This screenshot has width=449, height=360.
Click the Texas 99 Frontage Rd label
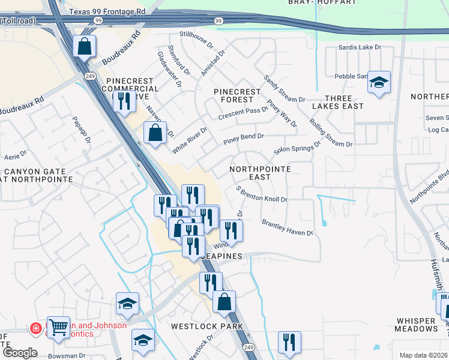(107, 11)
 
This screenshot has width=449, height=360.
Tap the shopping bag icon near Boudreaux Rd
(85, 46)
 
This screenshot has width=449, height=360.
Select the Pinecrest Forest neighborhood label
(238, 95)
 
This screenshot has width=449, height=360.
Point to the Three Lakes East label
(337, 101)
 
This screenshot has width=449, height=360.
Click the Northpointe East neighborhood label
(260, 173)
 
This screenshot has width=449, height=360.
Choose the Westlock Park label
(206, 326)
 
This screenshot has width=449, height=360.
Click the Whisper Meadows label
(417, 325)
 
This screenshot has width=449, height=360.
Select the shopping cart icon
(58, 328)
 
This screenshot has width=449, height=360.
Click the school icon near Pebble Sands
(379, 83)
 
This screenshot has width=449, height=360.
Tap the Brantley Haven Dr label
(287, 227)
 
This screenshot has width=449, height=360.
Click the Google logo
(19, 353)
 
